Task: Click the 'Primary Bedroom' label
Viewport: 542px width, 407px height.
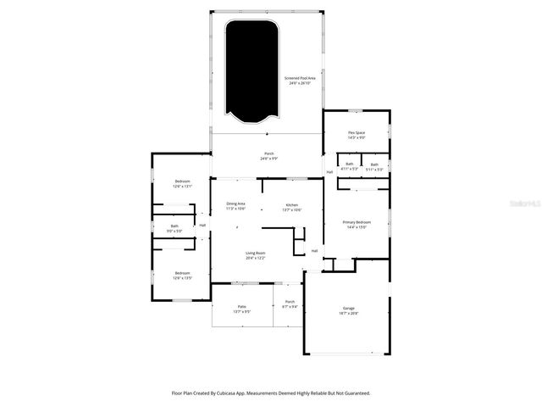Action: pos(356,224)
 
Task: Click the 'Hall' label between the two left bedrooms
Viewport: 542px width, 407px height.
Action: pos(202,225)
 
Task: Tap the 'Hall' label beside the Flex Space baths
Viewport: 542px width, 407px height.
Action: pos(329,173)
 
